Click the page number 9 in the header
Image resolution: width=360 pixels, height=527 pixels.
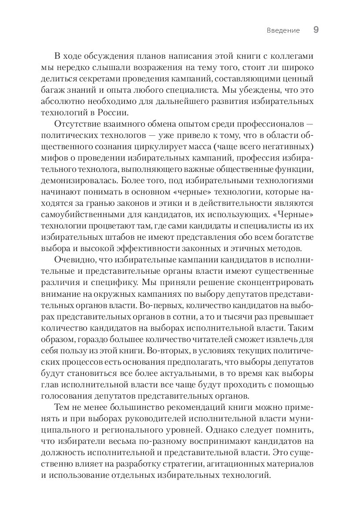pyautogui.click(x=316, y=30)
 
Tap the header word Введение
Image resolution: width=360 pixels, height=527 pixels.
pyautogui.click(x=283, y=30)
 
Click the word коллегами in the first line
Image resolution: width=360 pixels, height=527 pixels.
pyautogui.click(x=296, y=57)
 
